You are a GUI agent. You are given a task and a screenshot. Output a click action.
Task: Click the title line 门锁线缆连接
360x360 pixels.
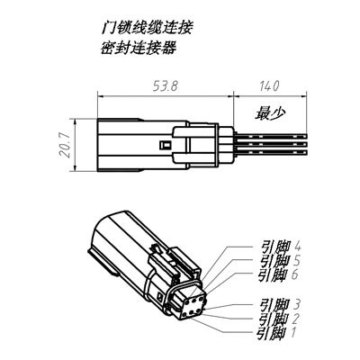coord(146,29)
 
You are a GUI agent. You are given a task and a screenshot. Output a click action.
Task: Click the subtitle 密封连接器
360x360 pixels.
coord(138,48)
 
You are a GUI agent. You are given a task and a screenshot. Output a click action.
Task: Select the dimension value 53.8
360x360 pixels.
coord(166,86)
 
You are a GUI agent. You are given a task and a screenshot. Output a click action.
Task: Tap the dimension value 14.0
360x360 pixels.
coord(269,86)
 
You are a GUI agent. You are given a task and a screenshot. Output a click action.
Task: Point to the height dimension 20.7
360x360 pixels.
coord(64,145)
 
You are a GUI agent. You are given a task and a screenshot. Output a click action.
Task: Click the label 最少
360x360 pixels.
coord(270,113)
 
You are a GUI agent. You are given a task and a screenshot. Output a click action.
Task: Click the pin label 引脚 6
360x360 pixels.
coord(279,274)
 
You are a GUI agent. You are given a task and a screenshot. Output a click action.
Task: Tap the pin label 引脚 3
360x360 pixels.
coord(281,305)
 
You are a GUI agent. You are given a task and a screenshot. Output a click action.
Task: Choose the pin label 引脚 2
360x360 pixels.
coord(279,319)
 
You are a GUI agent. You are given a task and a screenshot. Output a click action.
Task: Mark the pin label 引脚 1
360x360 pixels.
coord(277,333)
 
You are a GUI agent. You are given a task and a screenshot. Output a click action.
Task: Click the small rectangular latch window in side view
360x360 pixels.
coord(165,145)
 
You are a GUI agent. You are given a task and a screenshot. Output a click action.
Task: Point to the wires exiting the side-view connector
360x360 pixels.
coord(271,145)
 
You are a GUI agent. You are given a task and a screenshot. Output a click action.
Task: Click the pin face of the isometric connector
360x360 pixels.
coord(192,307)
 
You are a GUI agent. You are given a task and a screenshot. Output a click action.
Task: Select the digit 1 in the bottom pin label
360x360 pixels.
coord(294,333)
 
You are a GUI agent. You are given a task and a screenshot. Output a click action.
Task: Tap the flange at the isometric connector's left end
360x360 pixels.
coord(102,262)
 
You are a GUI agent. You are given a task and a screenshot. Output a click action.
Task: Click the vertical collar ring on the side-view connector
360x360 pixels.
coord(217,146)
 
